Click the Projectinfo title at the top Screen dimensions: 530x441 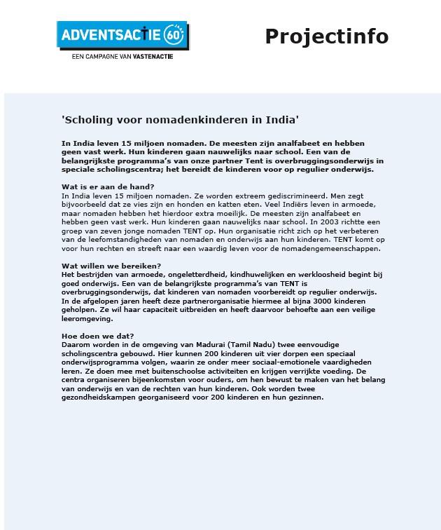click(326, 36)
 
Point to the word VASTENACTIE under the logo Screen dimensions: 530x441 click(150, 56)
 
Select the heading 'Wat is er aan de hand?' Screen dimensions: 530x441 click(108, 186)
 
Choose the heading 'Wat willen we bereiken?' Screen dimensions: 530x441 click(111, 266)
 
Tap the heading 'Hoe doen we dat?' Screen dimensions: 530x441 click(98, 337)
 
